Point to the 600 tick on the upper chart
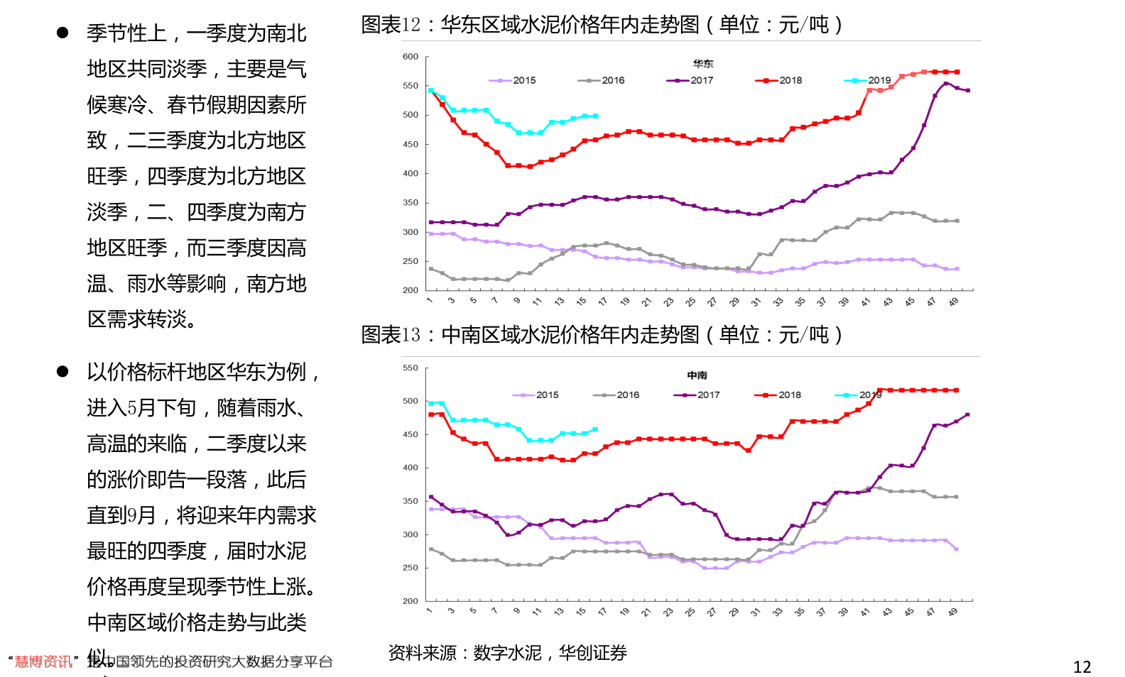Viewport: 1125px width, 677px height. point(411,57)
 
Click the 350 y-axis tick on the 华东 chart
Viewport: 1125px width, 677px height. point(411,203)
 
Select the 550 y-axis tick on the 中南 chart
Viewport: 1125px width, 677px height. point(411,368)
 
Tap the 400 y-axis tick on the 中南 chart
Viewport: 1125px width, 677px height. point(411,468)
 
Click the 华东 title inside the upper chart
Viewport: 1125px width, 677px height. point(703,64)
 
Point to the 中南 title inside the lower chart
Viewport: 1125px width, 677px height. point(697,375)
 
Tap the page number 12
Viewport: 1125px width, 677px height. point(1082,667)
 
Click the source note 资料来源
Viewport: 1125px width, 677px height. point(422,653)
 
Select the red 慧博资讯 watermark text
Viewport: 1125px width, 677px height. point(43,661)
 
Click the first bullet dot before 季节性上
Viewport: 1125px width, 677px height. point(62,33)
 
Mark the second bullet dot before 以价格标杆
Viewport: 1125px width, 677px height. point(62,371)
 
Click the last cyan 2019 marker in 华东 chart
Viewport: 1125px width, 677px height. point(595,116)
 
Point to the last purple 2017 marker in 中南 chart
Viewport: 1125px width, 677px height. point(967,414)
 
